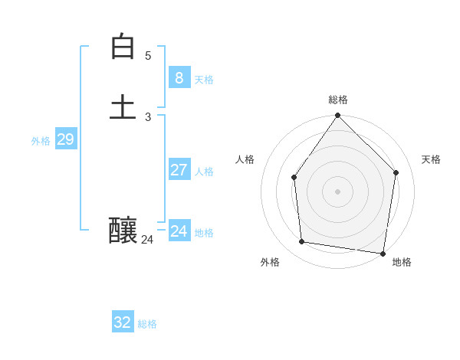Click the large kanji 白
tap(123, 47)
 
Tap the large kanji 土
tap(123, 106)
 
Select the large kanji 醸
tap(123, 230)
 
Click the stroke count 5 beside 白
tap(148, 56)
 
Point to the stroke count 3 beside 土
tap(148, 117)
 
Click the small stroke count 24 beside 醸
tap(147, 240)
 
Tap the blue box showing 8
tap(179, 77)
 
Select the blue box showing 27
tap(179, 169)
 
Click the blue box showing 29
tap(65, 139)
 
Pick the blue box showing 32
tap(123, 322)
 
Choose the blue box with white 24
tap(179, 231)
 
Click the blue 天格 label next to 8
tap(204, 80)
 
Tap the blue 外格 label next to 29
tap(41, 141)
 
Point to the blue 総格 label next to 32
tap(147, 324)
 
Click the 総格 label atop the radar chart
tap(338, 100)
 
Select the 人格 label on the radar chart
tap(245, 159)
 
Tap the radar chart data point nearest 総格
tap(338, 115)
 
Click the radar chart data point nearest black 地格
tap(383, 253)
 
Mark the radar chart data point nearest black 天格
tap(396, 172)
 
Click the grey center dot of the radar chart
tap(338, 191)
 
